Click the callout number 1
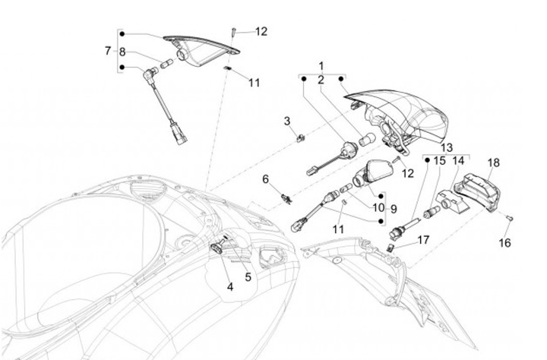(x=321, y=66)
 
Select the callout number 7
(x=108, y=51)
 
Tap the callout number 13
(x=446, y=147)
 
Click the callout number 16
(x=505, y=243)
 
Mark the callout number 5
(x=248, y=277)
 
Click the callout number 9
(x=394, y=208)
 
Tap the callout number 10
(x=378, y=208)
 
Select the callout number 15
(x=440, y=161)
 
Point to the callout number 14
(x=458, y=161)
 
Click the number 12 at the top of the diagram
(x=261, y=32)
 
